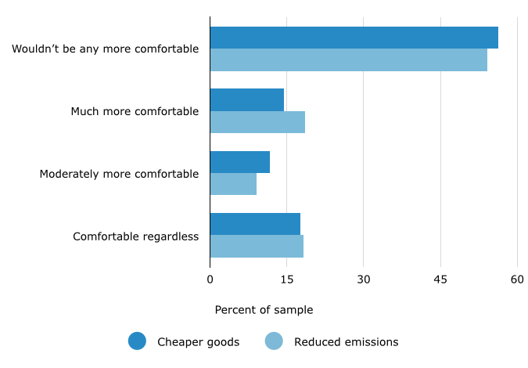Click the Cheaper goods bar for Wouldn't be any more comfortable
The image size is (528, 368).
click(x=354, y=38)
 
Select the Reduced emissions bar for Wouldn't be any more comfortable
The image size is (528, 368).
click(x=348, y=60)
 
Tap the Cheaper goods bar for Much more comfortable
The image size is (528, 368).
click(x=246, y=99)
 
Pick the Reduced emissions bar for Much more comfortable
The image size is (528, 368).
click(x=257, y=122)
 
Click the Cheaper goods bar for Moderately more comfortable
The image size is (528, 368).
click(x=239, y=162)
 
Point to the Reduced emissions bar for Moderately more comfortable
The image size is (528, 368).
click(x=233, y=184)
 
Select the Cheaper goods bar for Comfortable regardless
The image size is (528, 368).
click(x=255, y=224)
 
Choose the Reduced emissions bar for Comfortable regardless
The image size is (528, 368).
click(x=257, y=247)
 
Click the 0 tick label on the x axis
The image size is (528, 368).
click(x=210, y=280)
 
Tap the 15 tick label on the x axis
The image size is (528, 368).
click(x=286, y=280)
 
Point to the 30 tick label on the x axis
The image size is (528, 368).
click(x=363, y=280)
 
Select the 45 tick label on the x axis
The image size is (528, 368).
click(x=440, y=280)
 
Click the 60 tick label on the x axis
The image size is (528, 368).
click(x=517, y=280)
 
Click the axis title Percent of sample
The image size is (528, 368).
click(x=264, y=310)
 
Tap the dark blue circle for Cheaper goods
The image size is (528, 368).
click(x=137, y=341)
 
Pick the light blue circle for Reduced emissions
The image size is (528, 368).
click(x=274, y=341)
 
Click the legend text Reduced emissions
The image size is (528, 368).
click(x=346, y=342)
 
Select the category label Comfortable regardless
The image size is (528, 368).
click(x=136, y=236)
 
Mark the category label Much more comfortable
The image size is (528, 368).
click(x=135, y=111)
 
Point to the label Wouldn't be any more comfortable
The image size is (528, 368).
click(x=105, y=49)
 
